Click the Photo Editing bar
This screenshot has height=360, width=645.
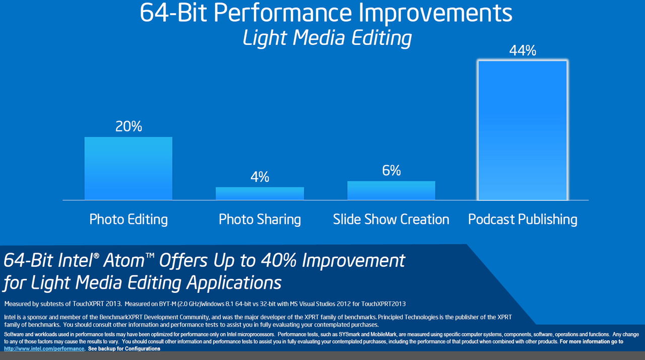(x=128, y=168)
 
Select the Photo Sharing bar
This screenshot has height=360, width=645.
(x=260, y=194)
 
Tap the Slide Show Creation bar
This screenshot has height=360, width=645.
(x=391, y=191)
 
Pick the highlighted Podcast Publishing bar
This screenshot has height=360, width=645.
(x=523, y=130)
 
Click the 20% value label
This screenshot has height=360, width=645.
(x=128, y=126)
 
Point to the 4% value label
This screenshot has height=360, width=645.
(x=260, y=177)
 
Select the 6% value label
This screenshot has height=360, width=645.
(x=391, y=171)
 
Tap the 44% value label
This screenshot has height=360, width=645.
(x=523, y=50)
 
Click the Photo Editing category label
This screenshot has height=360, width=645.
(x=128, y=219)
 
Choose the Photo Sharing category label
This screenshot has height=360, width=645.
(x=260, y=219)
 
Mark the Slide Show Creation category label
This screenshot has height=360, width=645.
(x=391, y=219)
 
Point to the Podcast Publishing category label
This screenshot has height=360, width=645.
(x=523, y=219)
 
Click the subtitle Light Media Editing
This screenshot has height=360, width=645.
(x=327, y=38)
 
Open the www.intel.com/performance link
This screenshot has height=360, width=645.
(x=44, y=348)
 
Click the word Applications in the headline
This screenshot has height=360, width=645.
(x=234, y=282)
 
